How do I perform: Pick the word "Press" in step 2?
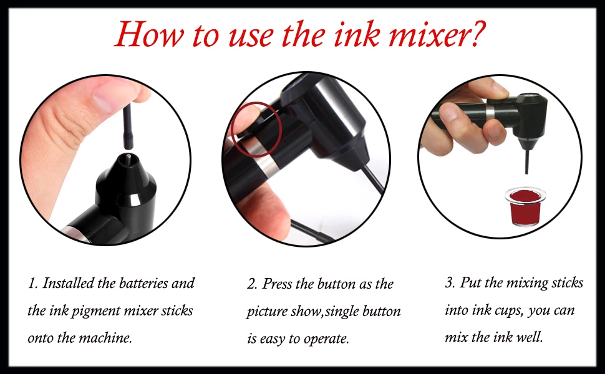277,284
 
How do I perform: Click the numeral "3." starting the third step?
450,283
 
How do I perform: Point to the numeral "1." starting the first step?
33,284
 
